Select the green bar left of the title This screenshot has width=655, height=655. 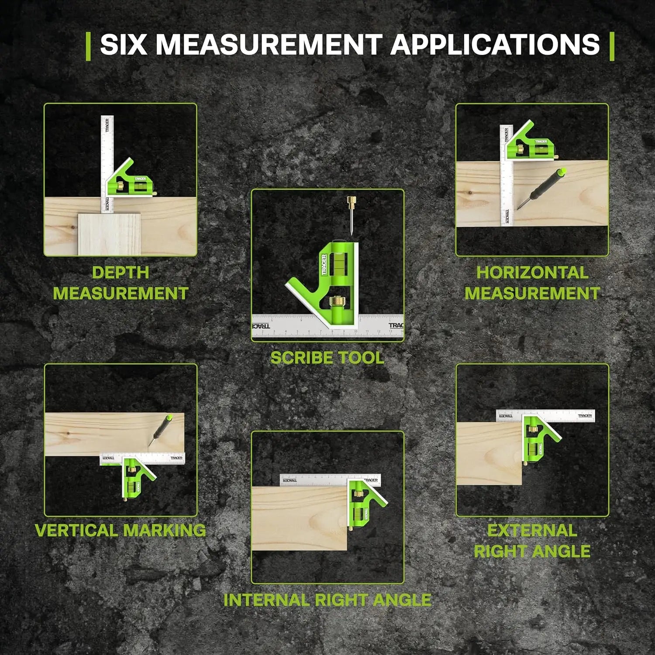[x=89, y=46]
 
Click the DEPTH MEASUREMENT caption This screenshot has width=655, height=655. [x=121, y=283]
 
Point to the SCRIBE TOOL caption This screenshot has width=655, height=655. [x=327, y=358]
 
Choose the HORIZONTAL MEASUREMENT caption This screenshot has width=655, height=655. [x=532, y=283]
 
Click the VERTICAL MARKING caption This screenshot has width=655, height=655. [x=121, y=530]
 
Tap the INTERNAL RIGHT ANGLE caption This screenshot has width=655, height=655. [x=327, y=600]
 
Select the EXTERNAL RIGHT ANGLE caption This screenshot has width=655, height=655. [x=532, y=541]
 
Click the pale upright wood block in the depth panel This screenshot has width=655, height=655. [x=110, y=234]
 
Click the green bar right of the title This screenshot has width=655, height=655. [x=612, y=46]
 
